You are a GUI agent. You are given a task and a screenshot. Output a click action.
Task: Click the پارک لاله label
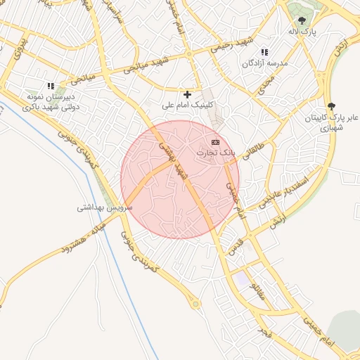click(302, 32)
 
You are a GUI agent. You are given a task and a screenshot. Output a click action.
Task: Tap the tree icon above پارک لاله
click(302, 21)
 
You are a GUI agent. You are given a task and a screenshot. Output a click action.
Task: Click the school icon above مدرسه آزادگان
click(264, 52)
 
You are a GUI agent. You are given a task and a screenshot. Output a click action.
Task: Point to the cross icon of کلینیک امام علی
click(187, 94)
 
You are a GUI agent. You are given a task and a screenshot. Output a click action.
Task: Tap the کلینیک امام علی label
click(187, 105)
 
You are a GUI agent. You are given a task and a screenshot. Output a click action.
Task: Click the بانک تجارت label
click(214, 153)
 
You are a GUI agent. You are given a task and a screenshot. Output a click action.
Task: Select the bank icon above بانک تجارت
click(215, 142)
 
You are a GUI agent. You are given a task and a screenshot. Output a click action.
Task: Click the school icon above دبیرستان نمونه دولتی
click(51, 86)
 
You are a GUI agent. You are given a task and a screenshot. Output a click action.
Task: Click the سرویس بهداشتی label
click(101, 208)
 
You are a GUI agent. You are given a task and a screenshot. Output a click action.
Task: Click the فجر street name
click(263, 329)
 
